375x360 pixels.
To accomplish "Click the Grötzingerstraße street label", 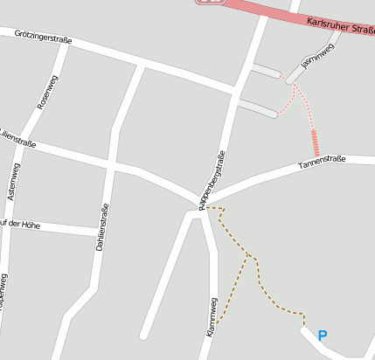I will coord(43,36).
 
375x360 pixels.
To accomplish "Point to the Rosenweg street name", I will coord(47,92).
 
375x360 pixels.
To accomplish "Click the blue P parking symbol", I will coord(323,335).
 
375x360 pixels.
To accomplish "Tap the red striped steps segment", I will coord(315,142).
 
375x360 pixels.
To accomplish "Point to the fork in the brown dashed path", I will coord(251,257).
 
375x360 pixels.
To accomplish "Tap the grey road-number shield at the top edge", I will coord(209,3).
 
